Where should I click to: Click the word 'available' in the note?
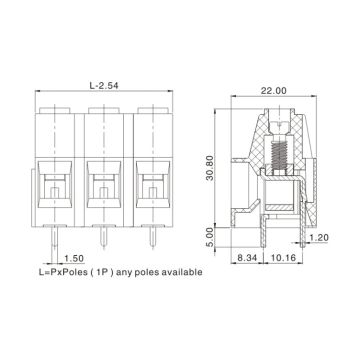tap(181, 272)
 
